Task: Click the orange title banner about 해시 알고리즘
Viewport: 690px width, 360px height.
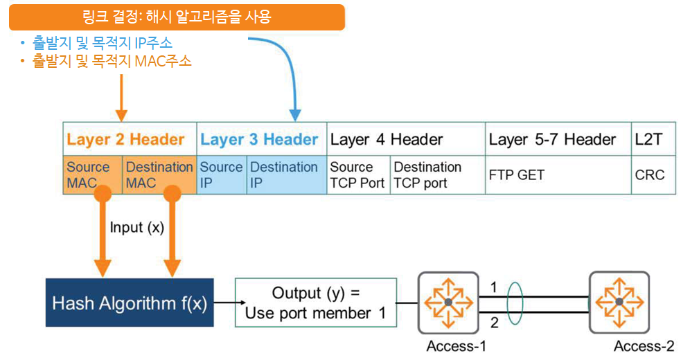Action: click(x=177, y=17)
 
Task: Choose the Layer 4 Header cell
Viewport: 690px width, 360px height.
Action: click(x=405, y=139)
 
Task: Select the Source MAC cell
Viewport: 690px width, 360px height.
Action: click(x=93, y=175)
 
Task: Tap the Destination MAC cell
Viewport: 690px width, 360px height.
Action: click(x=159, y=175)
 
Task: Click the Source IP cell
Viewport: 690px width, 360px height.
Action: click(x=222, y=175)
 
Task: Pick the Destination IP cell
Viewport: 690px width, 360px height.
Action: click(x=285, y=175)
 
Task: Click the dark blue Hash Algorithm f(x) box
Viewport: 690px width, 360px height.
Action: click(x=130, y=303)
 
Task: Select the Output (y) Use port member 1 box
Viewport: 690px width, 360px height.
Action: click(x=315, y=303)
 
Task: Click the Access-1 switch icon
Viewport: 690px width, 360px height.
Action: click(x=448, y=303)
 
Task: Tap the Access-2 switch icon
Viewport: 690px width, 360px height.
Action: click(x=619, y=303)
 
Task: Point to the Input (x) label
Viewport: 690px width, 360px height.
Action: click(x=136, y=228)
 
